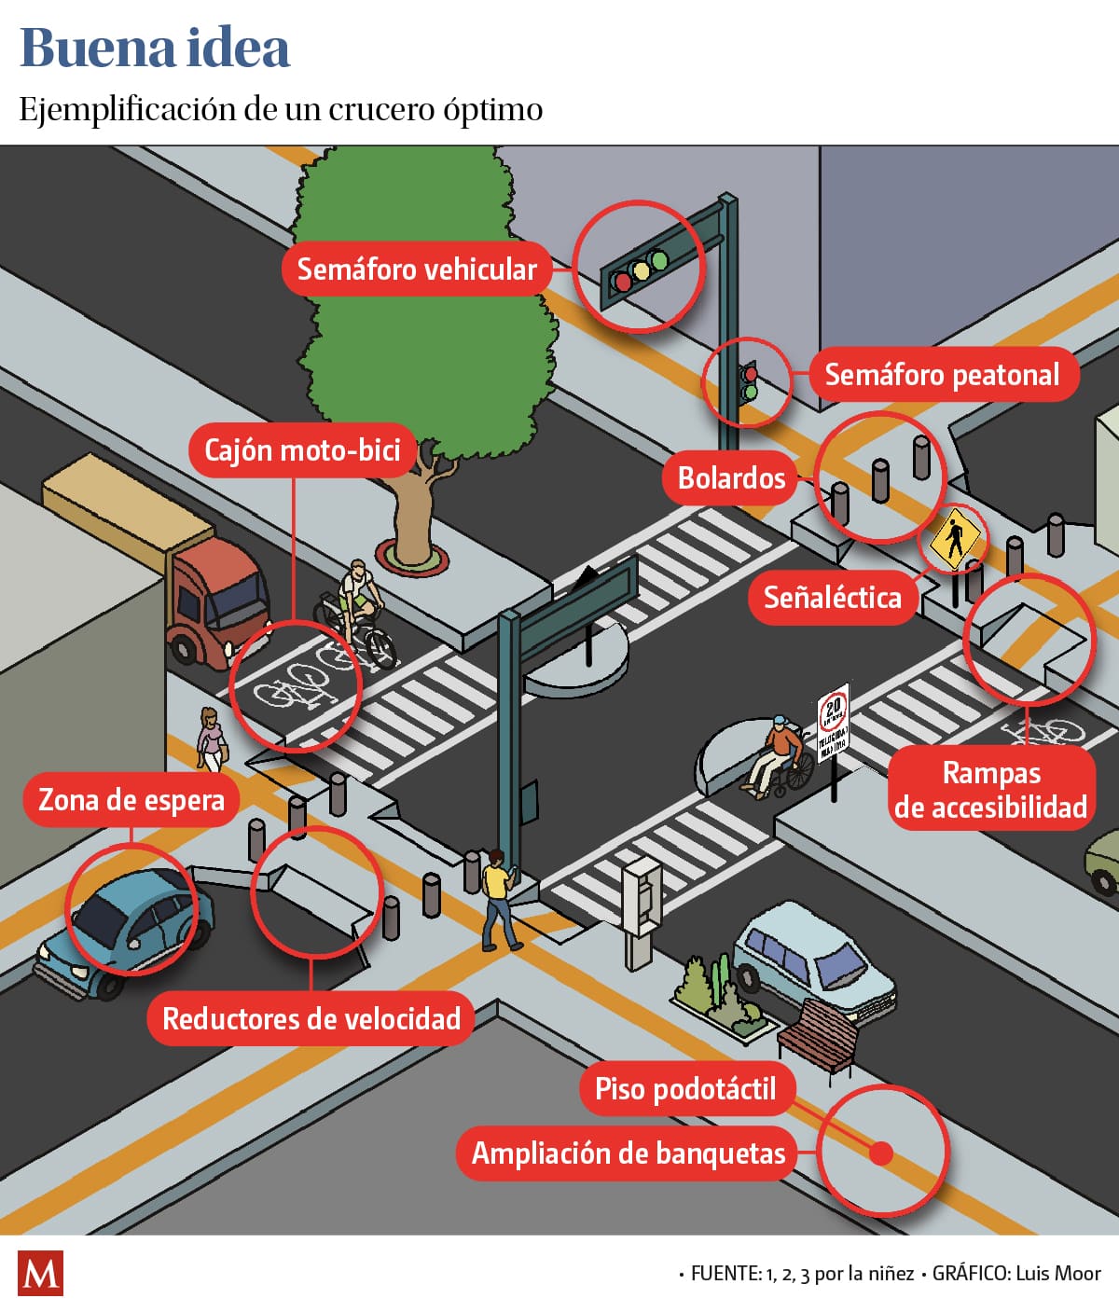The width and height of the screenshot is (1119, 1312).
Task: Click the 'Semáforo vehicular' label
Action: (x=416, y=269)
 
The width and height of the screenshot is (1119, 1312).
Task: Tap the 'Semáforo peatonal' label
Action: (x=942, y=375)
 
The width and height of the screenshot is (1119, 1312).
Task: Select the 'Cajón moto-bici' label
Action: (x=302, y=450)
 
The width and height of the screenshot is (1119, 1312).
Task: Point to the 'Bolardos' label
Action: (x=731, y=478)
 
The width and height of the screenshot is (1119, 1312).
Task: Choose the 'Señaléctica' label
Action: (x=832, y=597)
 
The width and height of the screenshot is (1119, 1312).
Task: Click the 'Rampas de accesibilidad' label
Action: (x=990, y=789)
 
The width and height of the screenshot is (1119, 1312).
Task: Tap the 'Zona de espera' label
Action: (x=131, y=800)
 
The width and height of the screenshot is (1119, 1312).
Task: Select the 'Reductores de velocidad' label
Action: (x=311, y=1018)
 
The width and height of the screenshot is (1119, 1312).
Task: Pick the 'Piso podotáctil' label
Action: (x=685, y=1088)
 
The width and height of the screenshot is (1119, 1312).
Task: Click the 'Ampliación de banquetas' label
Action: (x=629, y=1153)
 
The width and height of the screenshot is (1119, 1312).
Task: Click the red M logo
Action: (x=40, y=1273)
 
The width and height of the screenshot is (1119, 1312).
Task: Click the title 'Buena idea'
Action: (x=155, y=48)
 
